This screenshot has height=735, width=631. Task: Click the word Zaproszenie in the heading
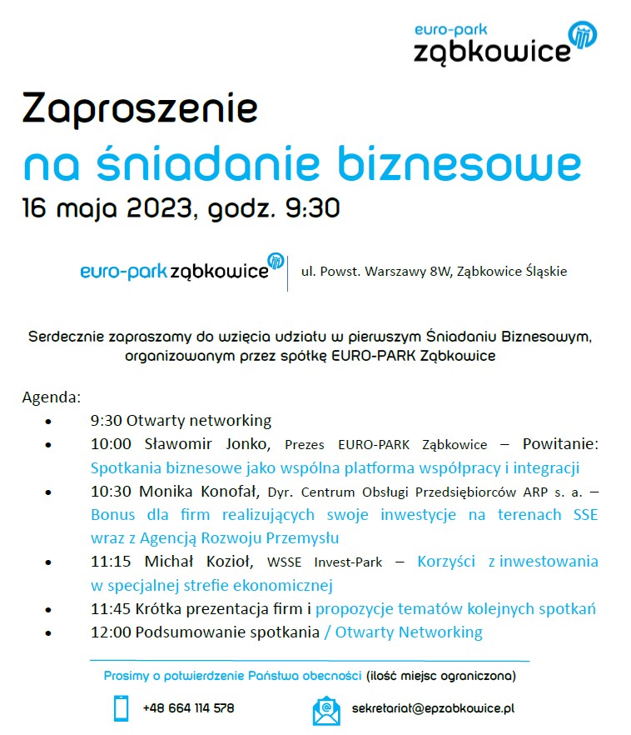tap(140, 110)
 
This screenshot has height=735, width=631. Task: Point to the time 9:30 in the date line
tap(312, 207)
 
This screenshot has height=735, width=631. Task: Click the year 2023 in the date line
tap(160, 207)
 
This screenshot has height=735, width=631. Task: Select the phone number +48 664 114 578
tap(188, 708)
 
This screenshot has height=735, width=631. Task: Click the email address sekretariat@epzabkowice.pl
tap(433, 708)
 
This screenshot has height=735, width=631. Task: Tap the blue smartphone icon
tap(122, 708)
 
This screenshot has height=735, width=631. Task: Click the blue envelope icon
tap(326, 709)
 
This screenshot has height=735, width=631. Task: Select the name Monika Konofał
tap(196, 492)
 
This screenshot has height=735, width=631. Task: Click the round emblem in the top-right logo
tap(583, 35)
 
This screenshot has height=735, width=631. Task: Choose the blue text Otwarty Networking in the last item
tap(408, 632)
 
